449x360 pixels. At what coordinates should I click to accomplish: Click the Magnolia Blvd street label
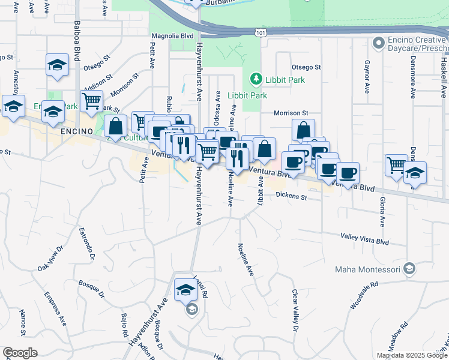(172, 36)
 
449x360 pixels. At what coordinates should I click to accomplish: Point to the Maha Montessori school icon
(410, 268)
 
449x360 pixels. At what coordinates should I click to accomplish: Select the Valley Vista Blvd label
(365, 239)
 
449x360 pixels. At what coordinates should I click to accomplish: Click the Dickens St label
(291, 196)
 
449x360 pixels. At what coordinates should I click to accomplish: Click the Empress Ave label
(55, 308)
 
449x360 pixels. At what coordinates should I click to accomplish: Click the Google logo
(20, 353)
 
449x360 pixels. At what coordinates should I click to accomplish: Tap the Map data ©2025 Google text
(412, 355)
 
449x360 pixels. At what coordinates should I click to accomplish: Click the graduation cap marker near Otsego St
(57, 65)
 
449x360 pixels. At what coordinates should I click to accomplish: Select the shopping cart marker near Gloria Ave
(396, 165)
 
